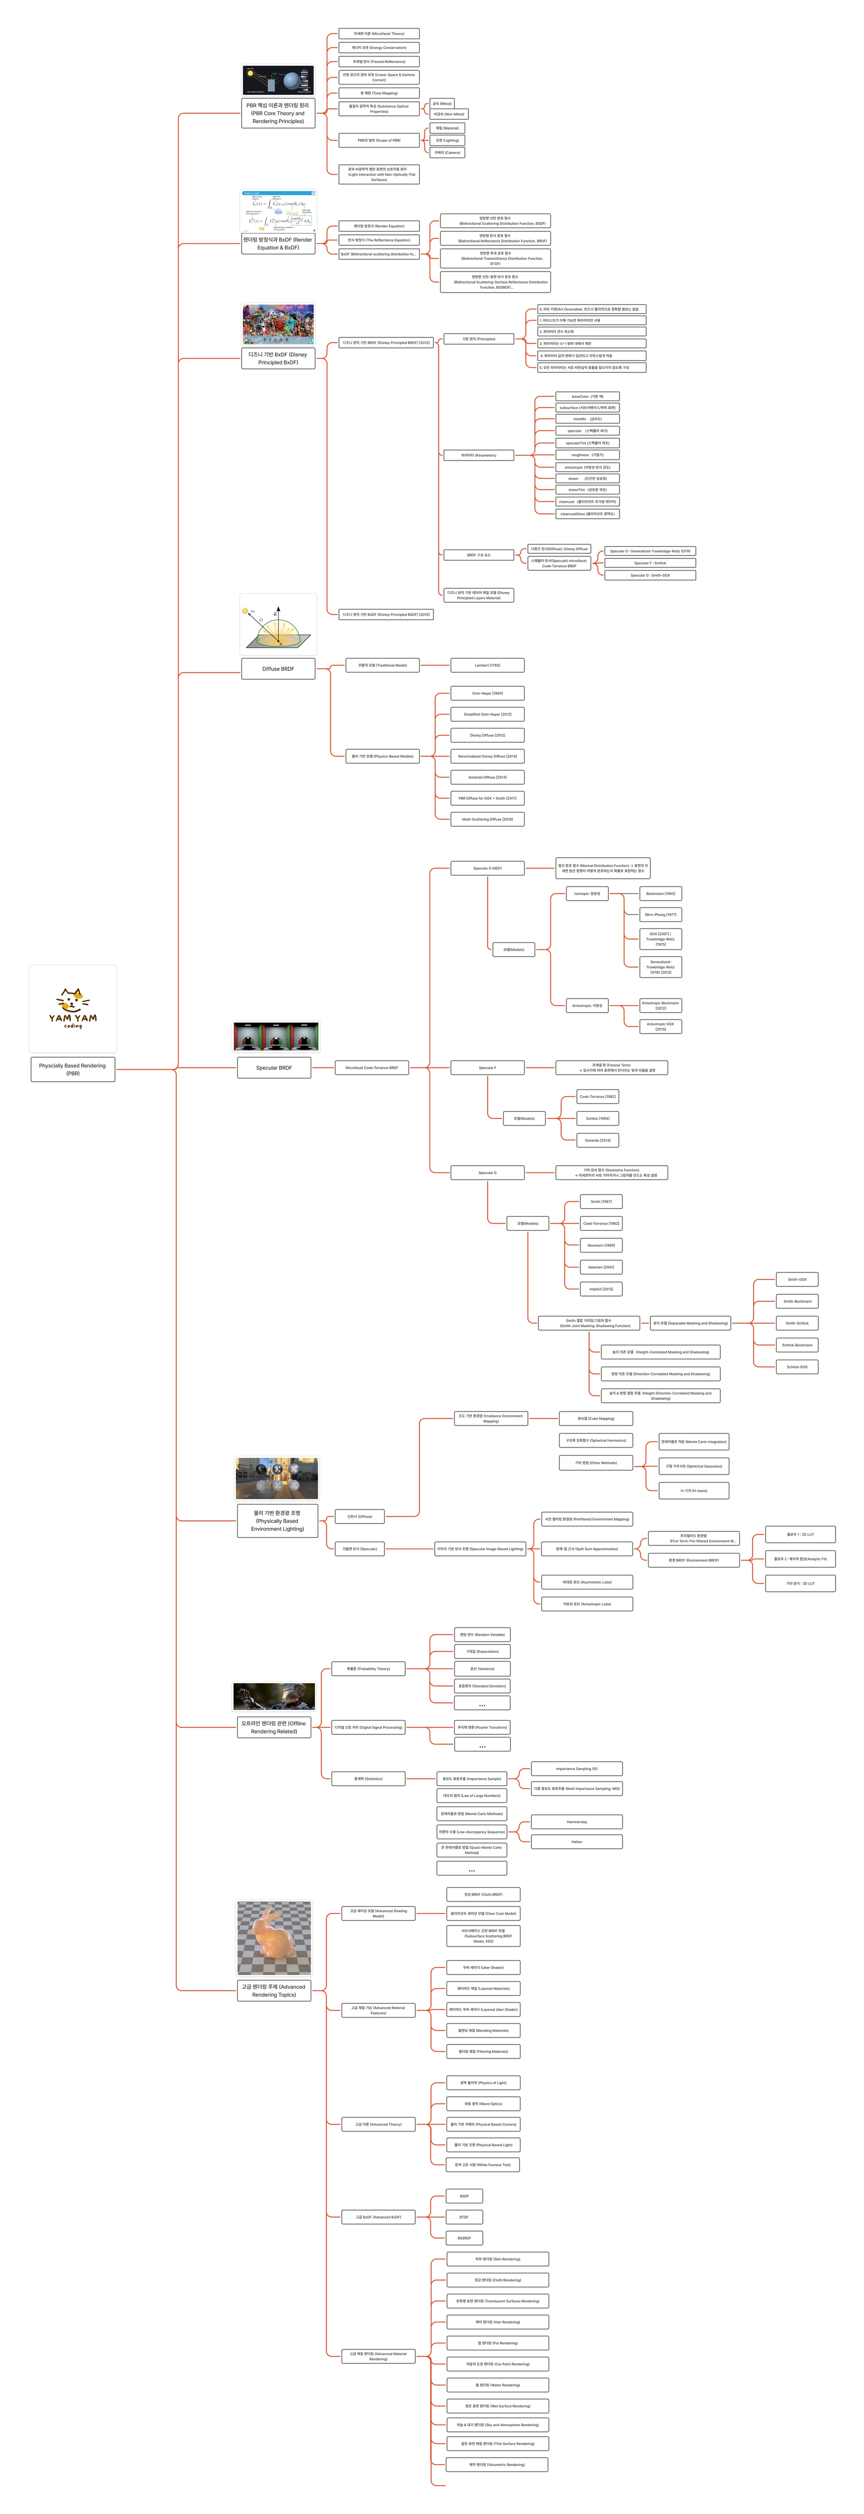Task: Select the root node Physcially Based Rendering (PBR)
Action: tap(73, 1069)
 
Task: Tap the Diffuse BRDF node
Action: tap(278, 668)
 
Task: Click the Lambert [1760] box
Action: tap(487, 665)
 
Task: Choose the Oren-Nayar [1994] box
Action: tap(487, 693)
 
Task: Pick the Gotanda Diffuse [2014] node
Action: tap(487, 777)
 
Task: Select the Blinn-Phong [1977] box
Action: tap(661, 914)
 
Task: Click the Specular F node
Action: tap(487, 1068)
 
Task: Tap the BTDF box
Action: tap(464, 2217)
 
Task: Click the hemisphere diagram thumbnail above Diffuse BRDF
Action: tap(278, 624)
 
